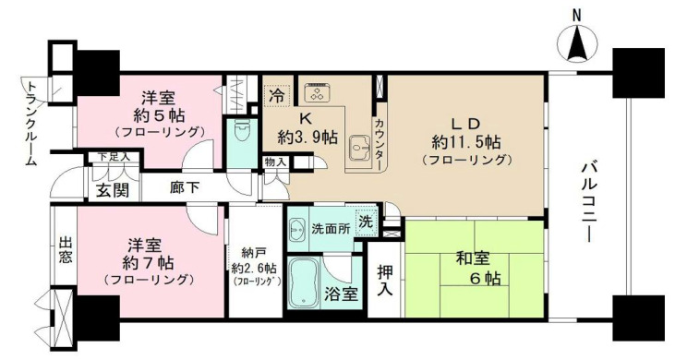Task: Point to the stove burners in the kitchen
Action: (x=319, y=92)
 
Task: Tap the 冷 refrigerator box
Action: (x=276, y=93)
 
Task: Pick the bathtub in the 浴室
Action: (x=308, y=282)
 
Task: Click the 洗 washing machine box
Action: (x=366, y=222)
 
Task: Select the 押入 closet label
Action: (x=386, y=281)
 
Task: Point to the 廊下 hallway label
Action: (x=186, y=186)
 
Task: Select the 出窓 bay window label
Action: (x=65, y=252)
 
